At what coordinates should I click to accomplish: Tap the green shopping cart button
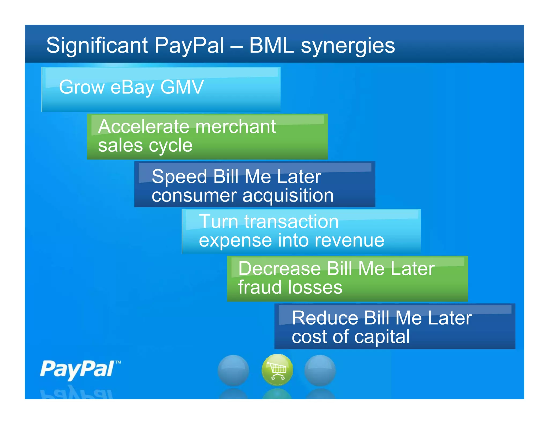[277, 370]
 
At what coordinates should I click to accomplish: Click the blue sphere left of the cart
[233, 370]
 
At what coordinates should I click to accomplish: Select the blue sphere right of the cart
[320, 370]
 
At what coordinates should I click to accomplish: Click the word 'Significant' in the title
[97, 46]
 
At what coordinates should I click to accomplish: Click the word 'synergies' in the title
[348, 46]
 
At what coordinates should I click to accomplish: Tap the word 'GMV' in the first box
[182, 87]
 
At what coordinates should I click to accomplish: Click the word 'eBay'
[132, 88]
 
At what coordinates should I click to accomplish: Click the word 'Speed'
[179, 177]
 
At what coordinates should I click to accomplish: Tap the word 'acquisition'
[288, 196]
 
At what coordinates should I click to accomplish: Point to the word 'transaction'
[292, 222]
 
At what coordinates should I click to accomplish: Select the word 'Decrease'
[280, 269]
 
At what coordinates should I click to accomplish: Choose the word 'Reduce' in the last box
[325, 318]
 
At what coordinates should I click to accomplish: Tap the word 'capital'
[382, 337]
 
